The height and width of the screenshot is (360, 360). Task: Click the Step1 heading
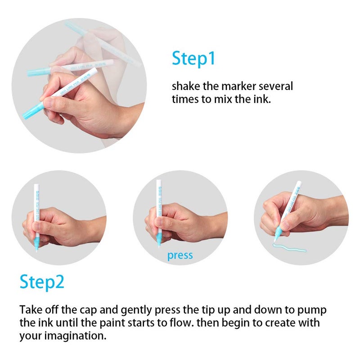pos(193,59)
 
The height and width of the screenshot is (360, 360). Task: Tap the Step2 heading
pos(42,282)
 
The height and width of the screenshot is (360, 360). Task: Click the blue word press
pos(180,256)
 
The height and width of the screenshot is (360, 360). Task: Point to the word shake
pos(186,86)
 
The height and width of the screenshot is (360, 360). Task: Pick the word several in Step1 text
pos(276,86)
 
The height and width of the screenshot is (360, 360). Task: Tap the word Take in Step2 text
pos(31,310)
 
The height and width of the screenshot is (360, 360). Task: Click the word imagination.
pos(75,336)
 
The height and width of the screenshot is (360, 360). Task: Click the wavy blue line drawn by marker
pos(289,247)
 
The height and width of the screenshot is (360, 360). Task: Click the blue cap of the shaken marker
pos(33,111)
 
